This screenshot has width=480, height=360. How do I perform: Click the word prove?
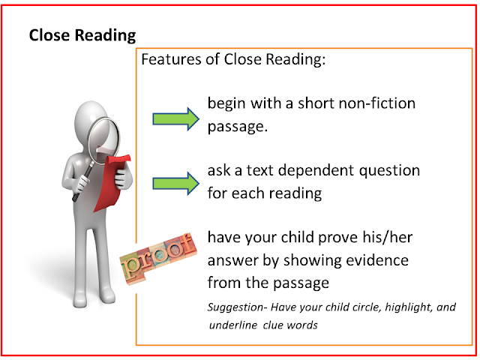338,238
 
